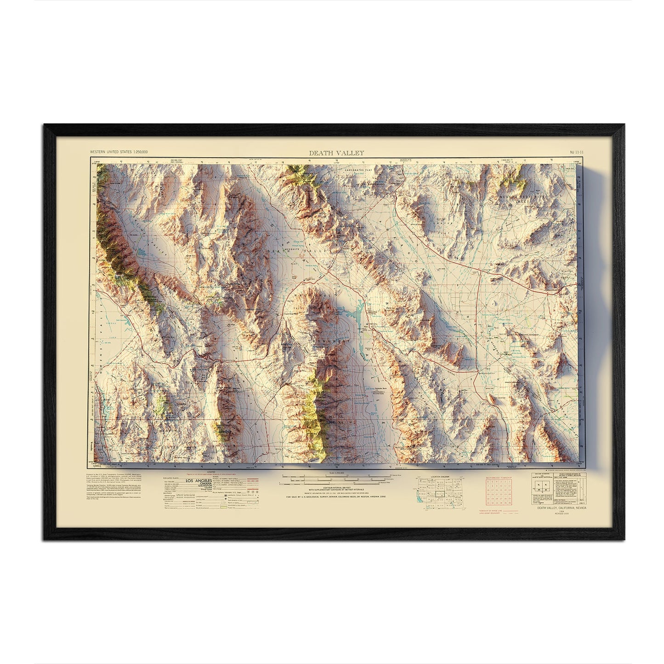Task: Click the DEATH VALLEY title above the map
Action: pyautogui.click(x=330, y=153)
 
